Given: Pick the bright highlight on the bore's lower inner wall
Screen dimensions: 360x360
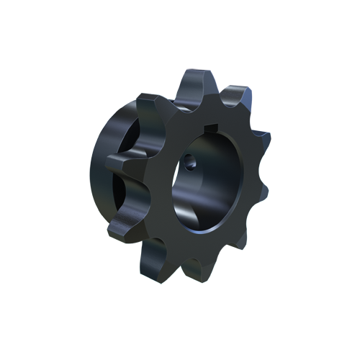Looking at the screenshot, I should [191, 216].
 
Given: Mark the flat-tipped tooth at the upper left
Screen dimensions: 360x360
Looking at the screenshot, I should [153, 101].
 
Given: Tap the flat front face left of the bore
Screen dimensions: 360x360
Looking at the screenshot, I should [162, 180].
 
